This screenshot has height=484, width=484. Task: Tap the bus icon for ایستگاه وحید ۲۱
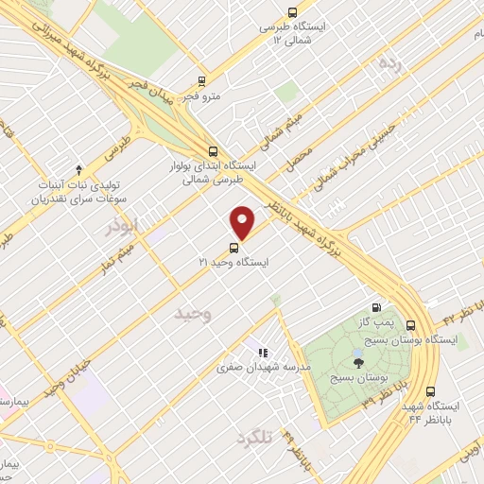233,248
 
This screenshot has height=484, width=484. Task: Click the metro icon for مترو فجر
199,83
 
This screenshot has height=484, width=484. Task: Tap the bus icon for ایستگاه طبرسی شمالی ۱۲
292,13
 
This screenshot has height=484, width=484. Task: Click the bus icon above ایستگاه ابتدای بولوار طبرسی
212,150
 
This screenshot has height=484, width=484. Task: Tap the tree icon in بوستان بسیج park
357,360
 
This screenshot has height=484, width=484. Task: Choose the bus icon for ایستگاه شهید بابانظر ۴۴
431,391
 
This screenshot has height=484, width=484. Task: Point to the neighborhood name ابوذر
122,228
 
